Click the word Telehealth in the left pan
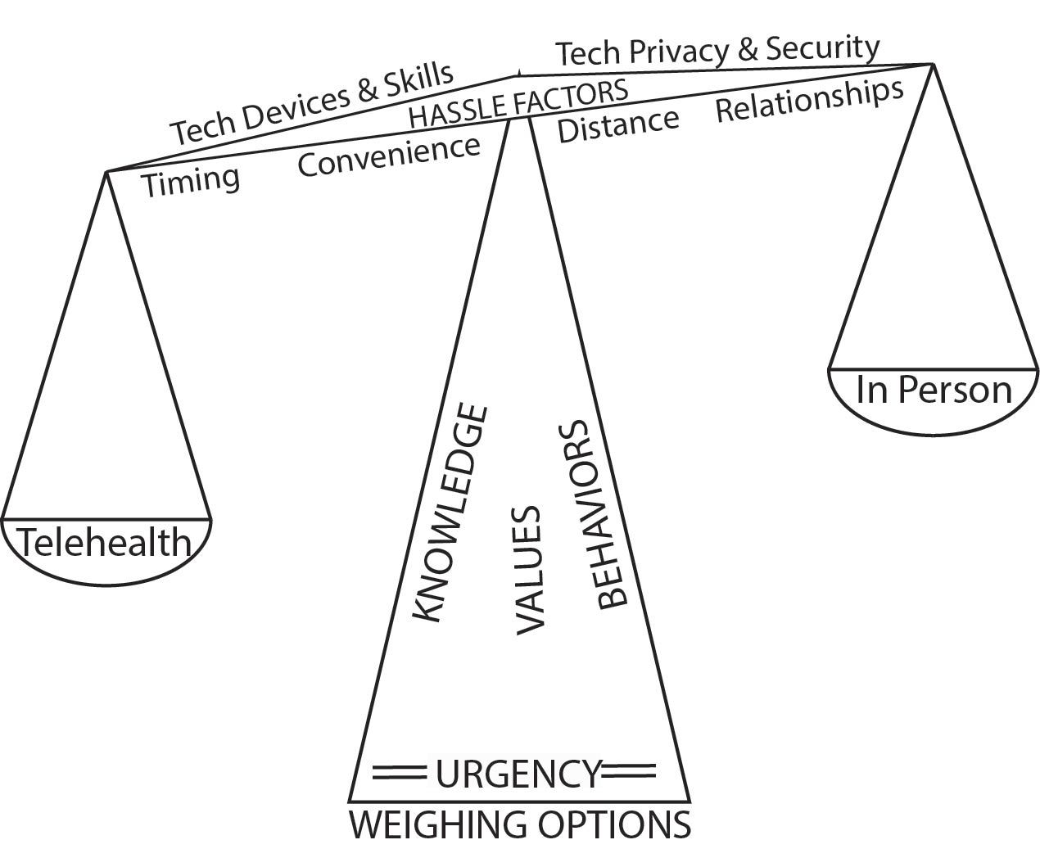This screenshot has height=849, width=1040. (x=104, y=543)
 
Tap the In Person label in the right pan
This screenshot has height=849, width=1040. (x=934, y=390)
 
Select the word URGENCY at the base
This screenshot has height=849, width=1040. (x=518, y=774)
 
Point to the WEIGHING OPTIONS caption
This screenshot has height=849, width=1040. (x=520, y=825)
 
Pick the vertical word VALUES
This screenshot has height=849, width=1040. (x=530, y=570)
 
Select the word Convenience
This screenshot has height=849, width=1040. (x=388, y=156)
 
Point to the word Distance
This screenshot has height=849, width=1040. (x=618, y=124)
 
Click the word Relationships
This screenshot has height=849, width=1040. (x=809, y=101)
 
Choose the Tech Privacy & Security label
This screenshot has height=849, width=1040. (x=717, y=51)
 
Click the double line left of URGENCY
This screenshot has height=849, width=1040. (x=400, y=771)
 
